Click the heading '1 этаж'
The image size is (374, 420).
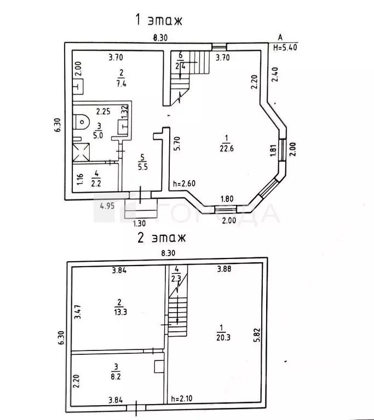click(x=158, y=21)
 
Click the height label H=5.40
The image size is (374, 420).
click(x=285, y=48)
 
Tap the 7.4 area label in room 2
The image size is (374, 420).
click(x=122, y=83)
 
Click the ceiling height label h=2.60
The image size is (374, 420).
click(x=184, y=184)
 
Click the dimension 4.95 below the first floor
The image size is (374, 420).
click(x=108, y=205)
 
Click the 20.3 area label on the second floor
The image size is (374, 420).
click(x=221, y=337)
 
